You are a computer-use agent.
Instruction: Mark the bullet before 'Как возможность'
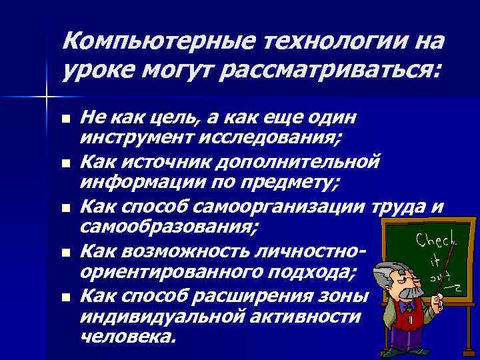(x=65, y=253)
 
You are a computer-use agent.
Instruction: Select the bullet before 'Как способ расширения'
(x=65, y=297)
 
